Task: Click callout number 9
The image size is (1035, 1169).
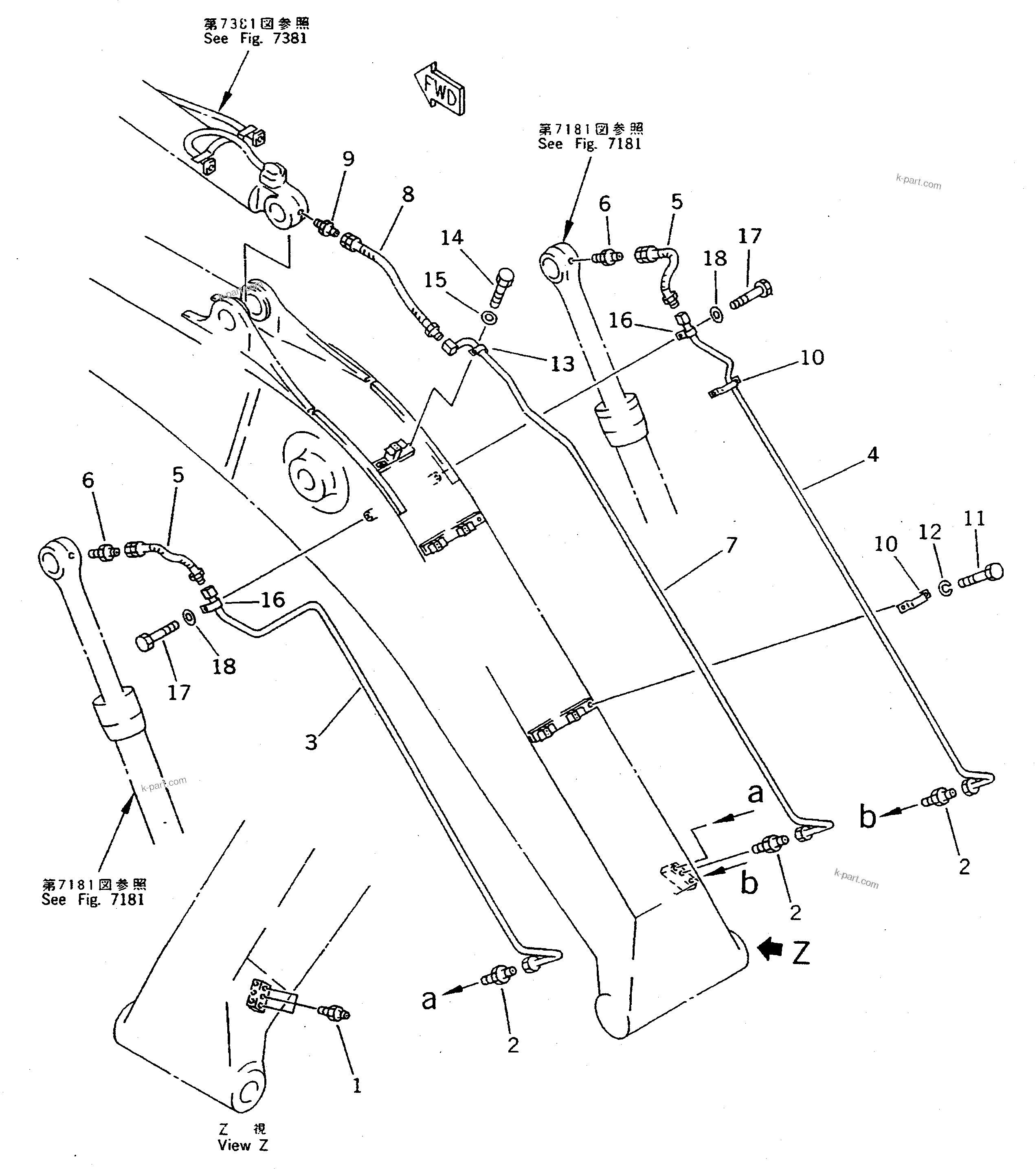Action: [x=348, y=159]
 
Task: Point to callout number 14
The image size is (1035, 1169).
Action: [x=452, y=238]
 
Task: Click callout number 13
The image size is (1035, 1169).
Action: [x=562, y=364]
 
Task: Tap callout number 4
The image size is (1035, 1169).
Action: [x=872, y=455]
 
